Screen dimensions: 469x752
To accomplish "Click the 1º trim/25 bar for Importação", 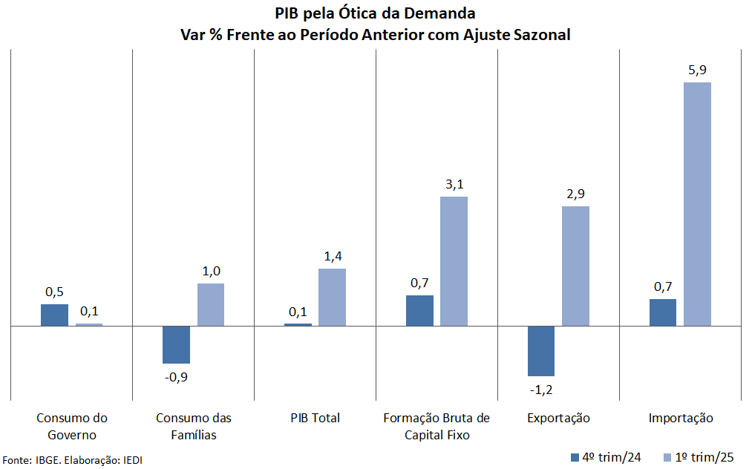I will pyautogui.click(x=697, y=203).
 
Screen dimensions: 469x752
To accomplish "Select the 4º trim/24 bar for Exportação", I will pyautogui.click(x=541, y=350).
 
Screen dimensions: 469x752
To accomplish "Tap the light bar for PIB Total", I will pyautogui.click(x=332, y=297).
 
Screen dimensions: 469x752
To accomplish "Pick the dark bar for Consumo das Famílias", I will pyautogui.click(x=176, y=344).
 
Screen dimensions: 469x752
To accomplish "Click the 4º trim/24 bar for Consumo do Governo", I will pyautogui.click(x=54, y=315).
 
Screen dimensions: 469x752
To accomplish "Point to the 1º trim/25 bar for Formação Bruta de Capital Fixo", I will pyautogui.click(x=454, y=260).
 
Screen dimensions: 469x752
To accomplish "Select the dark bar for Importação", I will pyautogui.click(x=663, y=312).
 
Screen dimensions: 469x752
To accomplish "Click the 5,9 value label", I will pyautogui.click(x=697, y=70).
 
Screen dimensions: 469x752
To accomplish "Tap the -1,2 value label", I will pyautogui.click(x=540, y=389).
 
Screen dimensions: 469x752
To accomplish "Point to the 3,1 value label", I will pyautogui.click(x=454, y=185).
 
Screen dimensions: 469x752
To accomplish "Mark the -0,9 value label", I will pyautogui.click(x=176, y=376).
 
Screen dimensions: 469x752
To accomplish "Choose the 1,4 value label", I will pyautogui.click(x=332, y=257).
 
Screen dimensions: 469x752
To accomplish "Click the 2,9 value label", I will pyautogui.click(x=575, y=194).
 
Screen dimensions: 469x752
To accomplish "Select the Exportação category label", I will pyautogui.click(x=558, y=418).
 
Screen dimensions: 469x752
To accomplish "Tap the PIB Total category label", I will pyautogui.click(x=315, y=418).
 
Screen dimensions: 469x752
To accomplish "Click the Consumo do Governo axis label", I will pyautogui.click(x=72, y=426).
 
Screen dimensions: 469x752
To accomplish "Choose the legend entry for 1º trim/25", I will pyautogui.click(x=696, y=456).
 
